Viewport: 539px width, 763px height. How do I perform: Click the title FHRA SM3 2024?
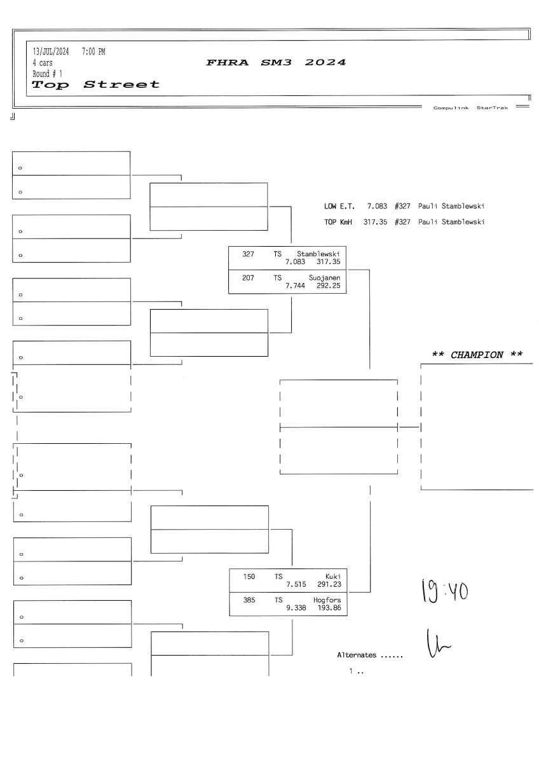(276, 62)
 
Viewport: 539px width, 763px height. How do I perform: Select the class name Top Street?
(96, 85)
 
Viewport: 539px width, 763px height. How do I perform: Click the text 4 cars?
(43, 63)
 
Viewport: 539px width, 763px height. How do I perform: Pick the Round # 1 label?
(48, 74)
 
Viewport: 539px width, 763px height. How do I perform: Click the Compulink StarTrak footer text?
(470, 108)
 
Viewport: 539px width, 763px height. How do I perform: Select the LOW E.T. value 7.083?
(377, 207)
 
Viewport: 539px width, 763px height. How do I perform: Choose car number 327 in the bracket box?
(248, 254)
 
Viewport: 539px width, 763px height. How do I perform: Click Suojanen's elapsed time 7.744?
(296, 286)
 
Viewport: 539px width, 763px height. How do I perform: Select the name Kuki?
(332, 576)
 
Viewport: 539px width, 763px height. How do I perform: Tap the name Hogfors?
(327, 600)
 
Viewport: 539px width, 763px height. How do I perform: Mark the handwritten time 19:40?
(444, 591)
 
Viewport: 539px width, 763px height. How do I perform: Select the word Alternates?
(357, 655)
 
